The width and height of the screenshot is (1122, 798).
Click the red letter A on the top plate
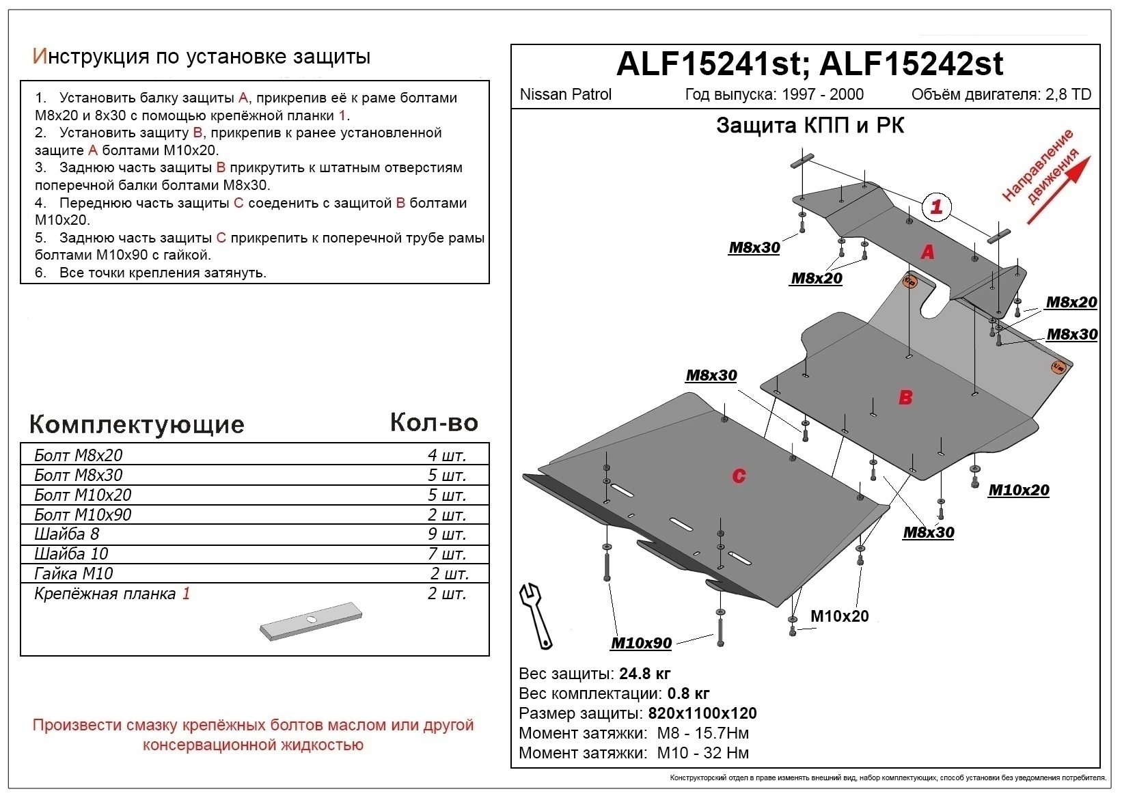927,252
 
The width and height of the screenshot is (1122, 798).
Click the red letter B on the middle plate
905,397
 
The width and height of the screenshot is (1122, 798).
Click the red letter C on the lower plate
739,476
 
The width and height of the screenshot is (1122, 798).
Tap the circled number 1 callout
936,206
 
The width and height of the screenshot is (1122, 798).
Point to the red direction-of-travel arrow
1059,189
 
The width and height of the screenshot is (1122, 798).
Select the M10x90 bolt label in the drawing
641,643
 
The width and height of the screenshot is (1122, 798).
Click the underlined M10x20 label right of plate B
1018,490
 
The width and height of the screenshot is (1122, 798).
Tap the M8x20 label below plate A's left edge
817,278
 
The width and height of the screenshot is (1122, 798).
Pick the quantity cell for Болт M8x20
447,455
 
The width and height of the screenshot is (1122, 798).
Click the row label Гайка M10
74,573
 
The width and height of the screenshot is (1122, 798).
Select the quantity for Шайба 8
447,534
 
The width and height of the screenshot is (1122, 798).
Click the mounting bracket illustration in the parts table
310,621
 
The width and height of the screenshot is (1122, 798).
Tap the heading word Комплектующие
137,424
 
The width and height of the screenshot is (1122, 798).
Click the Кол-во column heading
434,423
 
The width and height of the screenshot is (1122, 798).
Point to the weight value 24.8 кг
645,674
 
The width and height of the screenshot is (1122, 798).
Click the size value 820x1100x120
702,713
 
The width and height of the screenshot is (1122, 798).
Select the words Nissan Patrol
566,94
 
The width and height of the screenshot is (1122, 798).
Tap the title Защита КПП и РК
810,126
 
